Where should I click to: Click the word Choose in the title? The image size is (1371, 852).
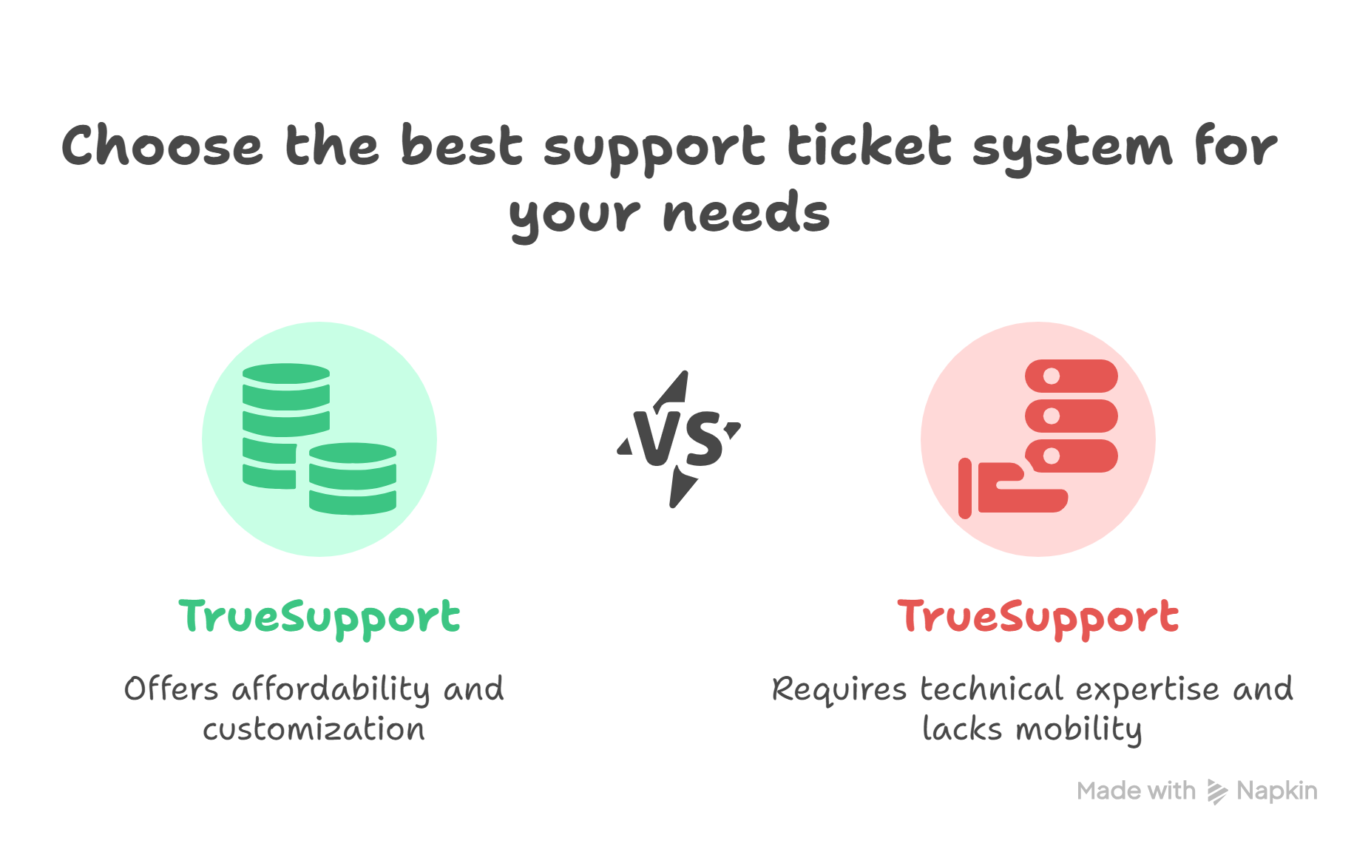162,146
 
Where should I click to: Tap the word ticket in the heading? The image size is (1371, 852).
868,146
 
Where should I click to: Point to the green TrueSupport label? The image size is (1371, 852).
319,617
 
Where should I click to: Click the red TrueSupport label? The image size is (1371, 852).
1037,617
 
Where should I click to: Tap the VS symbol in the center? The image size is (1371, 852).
680,439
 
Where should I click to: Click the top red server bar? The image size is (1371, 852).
1071,376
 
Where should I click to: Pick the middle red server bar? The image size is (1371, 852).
1071,416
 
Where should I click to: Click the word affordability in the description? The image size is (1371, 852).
331,689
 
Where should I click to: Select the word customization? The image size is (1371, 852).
314,729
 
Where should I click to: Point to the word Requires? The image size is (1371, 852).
839,689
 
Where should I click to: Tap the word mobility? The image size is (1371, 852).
1079,729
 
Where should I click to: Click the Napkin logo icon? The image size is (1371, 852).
1216,791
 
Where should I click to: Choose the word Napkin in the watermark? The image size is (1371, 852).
1276,791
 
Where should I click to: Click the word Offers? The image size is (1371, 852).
171,689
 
